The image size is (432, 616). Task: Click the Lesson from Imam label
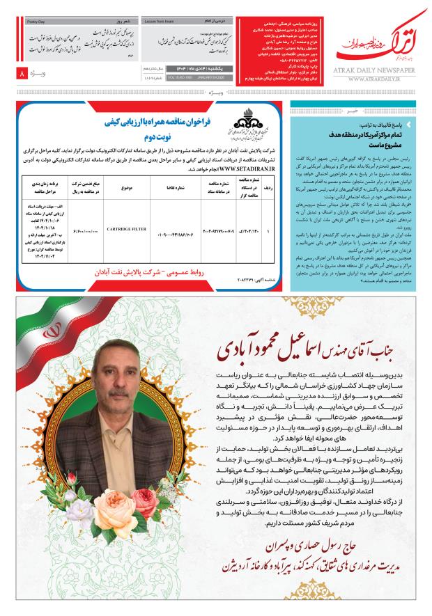(158, 22)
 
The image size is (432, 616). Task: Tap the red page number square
(23, 73)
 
